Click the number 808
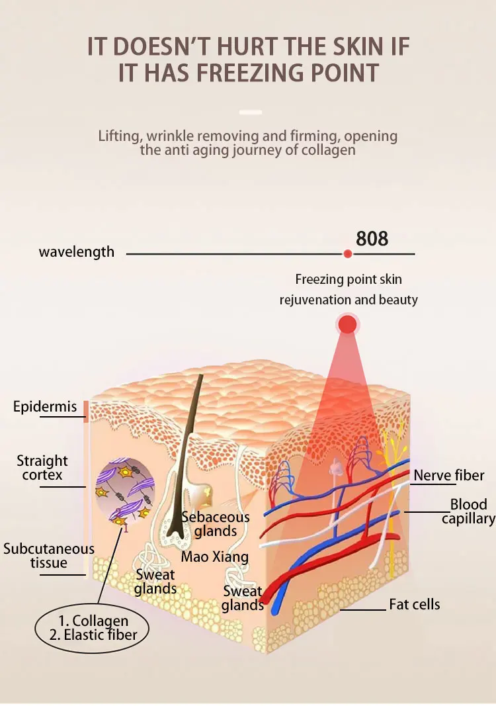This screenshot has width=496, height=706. click(372, 238)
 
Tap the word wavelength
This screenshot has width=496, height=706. click(76, 252)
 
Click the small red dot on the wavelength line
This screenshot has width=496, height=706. click(347, 253)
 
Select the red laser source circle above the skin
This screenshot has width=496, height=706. click(347, 324)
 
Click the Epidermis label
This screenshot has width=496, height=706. click(45, 406)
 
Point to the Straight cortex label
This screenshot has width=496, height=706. click(42, 467)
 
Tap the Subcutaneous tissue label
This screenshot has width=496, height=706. click(49, 556)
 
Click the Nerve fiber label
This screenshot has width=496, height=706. click(449, 475)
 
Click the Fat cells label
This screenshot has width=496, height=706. click(414, 603)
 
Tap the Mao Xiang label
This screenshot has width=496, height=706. click(215, 556)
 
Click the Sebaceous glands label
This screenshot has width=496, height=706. click(216, 524)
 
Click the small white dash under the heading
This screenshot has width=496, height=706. click(251, 112)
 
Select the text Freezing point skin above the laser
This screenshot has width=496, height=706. click(349, 280)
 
